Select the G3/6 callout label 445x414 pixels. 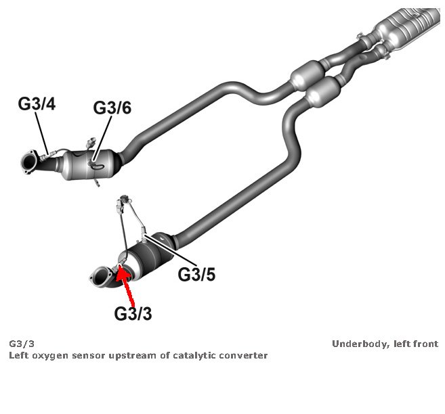pos(112,108)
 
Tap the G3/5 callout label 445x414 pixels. pos(196,275)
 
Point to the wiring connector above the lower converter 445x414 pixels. pos(123,201)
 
